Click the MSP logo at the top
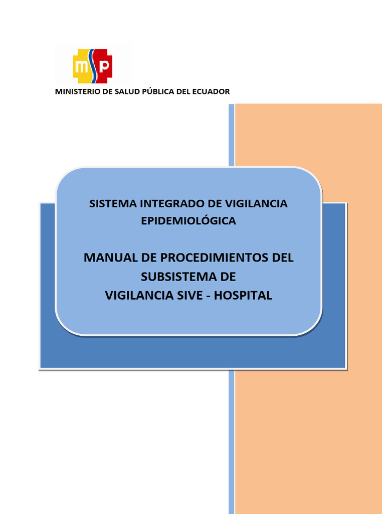pos(93,66)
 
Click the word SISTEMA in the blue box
pos(113,204)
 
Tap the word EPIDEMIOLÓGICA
pos(188,221)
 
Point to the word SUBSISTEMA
pos(172,277)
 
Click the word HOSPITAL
pos(243,296)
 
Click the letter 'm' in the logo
pos(82,66)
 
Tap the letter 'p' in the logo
pos(104,66)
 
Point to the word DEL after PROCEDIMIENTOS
pos(282,258)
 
